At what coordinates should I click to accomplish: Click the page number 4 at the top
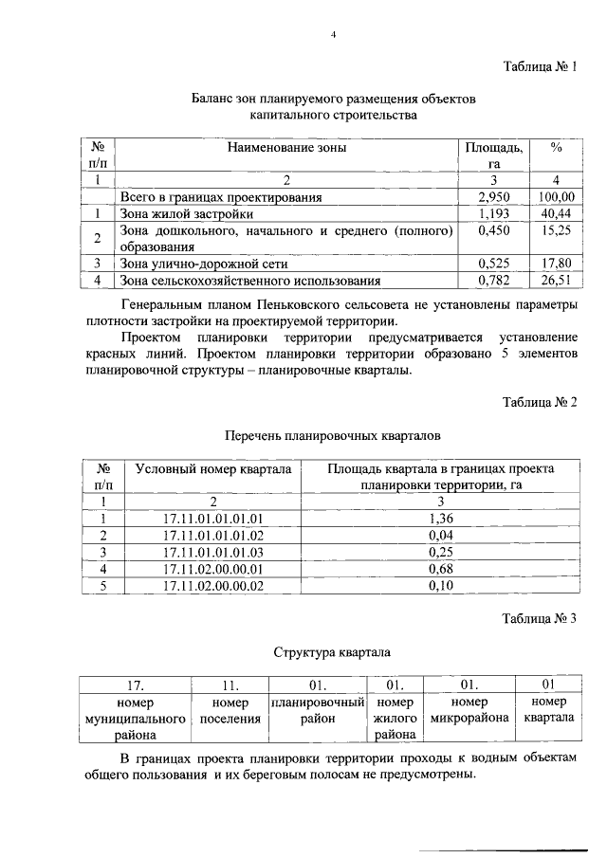(x=333, y=35)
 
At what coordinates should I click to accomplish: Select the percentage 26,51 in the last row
(x=556, y=280)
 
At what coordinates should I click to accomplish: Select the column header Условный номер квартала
(x=212, y=468)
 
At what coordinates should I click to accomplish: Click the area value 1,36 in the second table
(x=437, y=518)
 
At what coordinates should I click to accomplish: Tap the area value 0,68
(x=437, y=569)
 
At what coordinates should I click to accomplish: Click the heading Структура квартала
(x=332, y=653)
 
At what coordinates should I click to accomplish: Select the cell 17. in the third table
(x=135, y=685)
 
